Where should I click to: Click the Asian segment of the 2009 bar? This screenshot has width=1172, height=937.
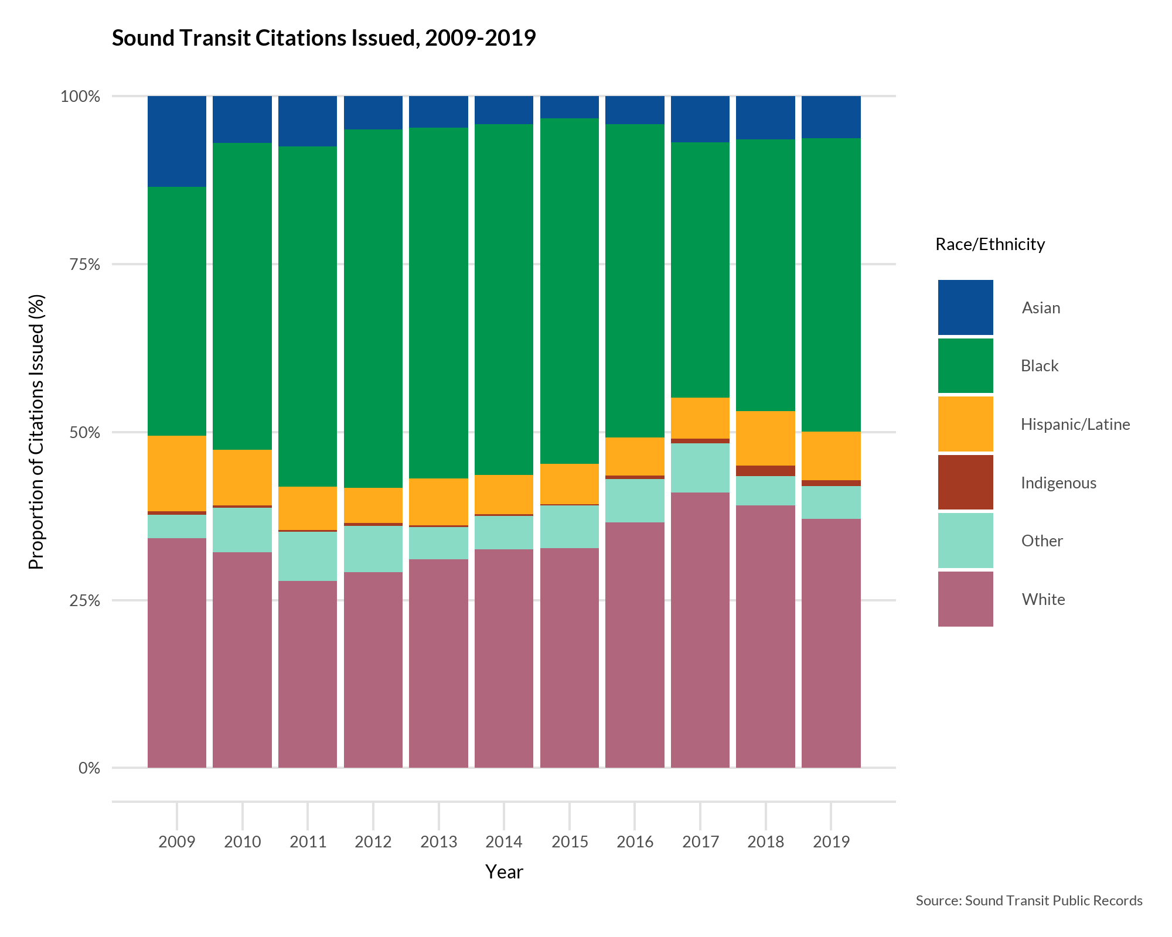pyautogui.click(x=176, y=141)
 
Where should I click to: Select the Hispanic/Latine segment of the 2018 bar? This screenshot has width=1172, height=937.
pyautogui.click(x=765, y=438)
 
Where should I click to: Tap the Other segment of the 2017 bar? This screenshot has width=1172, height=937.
pyautogui.click(x=700, y=468)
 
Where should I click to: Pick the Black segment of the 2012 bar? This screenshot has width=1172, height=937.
pyautogui.click(x=373, y=309)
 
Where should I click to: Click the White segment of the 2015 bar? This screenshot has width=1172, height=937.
pyautogui.click(x=570, y=658)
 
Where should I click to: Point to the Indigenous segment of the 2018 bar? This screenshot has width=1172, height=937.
pyautogui.click(x=765, y=471)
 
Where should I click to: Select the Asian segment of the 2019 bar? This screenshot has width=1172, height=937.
pyautogui.click(x=831, y=117)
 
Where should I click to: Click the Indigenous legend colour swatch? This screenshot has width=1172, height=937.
pyautogui.click(x=965, y=483)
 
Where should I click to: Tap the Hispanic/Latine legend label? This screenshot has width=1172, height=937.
pyautogui.click(x=1075, y=425)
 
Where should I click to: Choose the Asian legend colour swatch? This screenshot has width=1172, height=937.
pyautogui.click(x=965, y=307)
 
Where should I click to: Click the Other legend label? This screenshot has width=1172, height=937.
pyautogui.click(x=1042, y=541)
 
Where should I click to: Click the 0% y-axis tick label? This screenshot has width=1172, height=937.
pyautogui.click(x=89, y=768)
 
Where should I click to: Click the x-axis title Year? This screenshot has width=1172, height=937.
pyautogui.click(x=504, y=872)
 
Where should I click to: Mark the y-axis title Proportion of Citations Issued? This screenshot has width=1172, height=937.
pyautogui.click(x=36, y=432)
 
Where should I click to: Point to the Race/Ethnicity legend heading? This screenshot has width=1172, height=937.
pyautogui.click(x=990, y=245)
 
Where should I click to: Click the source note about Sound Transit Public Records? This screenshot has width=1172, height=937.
pyautogui.click(x=1029, y=901)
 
